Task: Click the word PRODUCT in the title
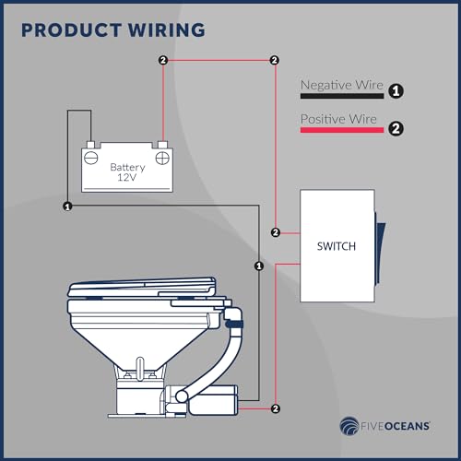pyautogui.click(x=71, y=30)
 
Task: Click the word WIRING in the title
pyautogui.click(x=166, y=30)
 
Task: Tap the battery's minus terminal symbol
pyautogui.click(x=91, y=158)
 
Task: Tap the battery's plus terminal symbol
pyautogui.click(x=162, y=159)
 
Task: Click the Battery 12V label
pyautogui.click(x=127, y=172)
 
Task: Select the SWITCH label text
pyautogui.click(x=337, y=246)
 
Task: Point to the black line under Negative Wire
pyautogui.click(x=342, y=96)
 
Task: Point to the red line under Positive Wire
pyautogui.click(x=342, y=130)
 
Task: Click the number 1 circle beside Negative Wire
pyautogui.click(x=396, y=91)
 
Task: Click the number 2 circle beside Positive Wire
pyautogui.click(x=396, y=128)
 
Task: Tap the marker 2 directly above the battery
pyautogui.click(x=163, y=60)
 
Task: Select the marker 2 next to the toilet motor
pyautogui.click(x=276, y=408)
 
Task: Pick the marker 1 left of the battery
pyautogui.click(x=67, y=207)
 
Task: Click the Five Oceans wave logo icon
pyautogui.click(x=349, y=426)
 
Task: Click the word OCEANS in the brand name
pyautogui.click(x=408, y=426)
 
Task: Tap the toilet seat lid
pyautogui.click(x=142, y=287)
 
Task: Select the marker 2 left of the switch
pyautogui.click(x=276, y=232)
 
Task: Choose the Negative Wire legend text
pyautogui.click(x=342, y=85)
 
